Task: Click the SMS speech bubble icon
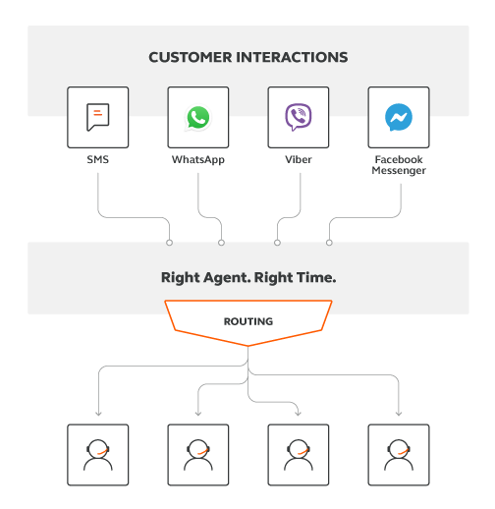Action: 98,117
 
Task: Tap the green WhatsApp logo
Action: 198,118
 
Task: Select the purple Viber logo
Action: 299,117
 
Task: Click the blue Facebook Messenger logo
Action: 399,117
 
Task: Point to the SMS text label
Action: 98,159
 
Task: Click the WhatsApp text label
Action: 198,160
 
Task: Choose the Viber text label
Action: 299,159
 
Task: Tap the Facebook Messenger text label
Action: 399,165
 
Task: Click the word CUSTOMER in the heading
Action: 191,57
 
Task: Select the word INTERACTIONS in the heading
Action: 292,57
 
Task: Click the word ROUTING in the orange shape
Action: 248,321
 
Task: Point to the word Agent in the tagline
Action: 227,278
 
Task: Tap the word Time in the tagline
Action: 311,277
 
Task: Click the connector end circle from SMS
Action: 169,243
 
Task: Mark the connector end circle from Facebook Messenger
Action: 329,243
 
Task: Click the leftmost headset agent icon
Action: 98,455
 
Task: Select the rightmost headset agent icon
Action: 399,455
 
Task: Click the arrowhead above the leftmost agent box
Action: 98,414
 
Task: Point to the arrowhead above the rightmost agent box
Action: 399,414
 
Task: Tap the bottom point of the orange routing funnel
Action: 248,346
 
